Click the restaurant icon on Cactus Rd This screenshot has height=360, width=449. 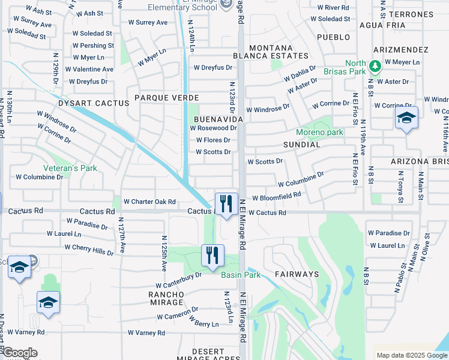tap(226, 203)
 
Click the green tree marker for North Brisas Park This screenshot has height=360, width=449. tap(376, 65)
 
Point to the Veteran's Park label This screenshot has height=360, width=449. tap(70, 169)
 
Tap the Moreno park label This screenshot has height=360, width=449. tap(319, 132)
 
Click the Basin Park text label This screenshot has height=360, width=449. tap(240, 275)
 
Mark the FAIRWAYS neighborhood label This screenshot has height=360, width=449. tap(297, 274)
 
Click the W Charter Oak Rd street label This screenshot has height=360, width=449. tap(149, 202)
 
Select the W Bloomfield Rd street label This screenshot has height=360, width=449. tap(276, 197)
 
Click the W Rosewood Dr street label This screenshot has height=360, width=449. tap(213, 128)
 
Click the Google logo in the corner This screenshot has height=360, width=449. tap(20, 352)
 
